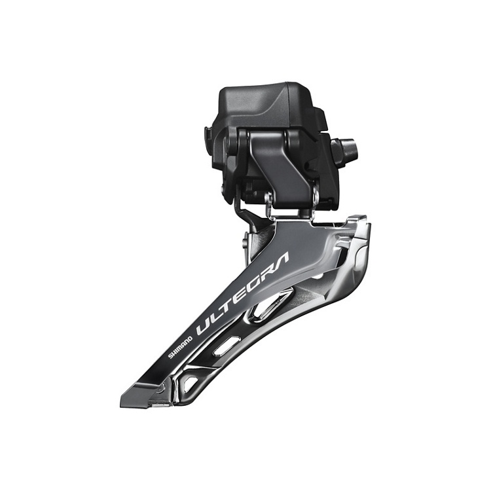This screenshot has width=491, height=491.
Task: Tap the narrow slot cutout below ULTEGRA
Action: pos(225,346)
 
